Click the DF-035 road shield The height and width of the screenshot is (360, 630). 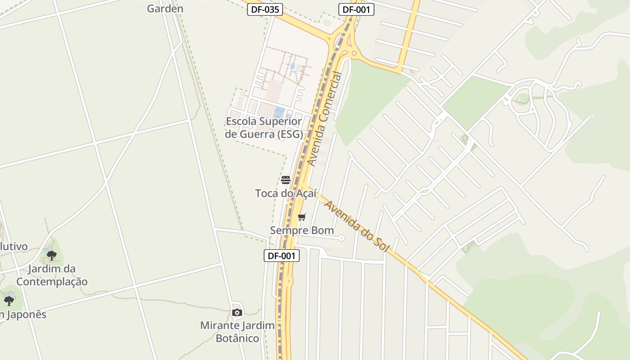point(265,9)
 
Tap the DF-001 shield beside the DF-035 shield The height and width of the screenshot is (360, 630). point(356,9)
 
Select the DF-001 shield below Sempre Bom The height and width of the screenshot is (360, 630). point(281,256)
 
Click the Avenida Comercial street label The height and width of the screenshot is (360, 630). point(324,119)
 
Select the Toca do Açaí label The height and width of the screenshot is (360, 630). point(286,193)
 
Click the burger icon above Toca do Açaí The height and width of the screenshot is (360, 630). point(286,180)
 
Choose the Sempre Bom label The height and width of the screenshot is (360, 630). point(302,230)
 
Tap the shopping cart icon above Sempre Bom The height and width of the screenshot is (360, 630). point(302,217)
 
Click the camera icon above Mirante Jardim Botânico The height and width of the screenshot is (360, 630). point(237,313)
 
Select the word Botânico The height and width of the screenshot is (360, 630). point(237,338)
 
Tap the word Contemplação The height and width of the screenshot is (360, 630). point(52,282)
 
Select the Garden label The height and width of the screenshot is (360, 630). point(165,9)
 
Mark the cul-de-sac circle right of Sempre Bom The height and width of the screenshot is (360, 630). point(342,238)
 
